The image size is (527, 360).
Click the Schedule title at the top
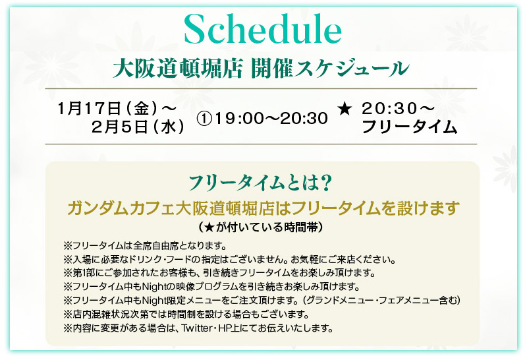coord(263,30)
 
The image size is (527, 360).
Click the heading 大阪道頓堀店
coord(177,69)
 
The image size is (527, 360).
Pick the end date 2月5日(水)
coord(138,127)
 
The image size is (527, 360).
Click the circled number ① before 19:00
coord(204,119)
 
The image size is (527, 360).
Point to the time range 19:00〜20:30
coord(271,119)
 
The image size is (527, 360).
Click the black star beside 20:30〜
coord(345,109)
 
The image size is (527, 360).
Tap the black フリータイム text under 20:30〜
coord(409,127)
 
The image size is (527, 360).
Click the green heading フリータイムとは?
coord(260,183)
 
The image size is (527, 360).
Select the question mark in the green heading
coord(325,183)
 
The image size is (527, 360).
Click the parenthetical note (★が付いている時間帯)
coord(260,227)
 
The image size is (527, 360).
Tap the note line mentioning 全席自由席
coord(145,246)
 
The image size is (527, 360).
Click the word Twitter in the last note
coord(197,328)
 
